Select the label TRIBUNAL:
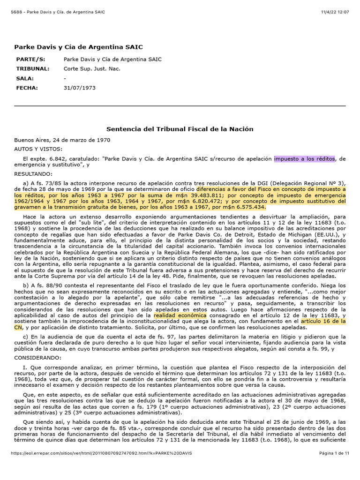33,69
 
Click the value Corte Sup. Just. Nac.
92,69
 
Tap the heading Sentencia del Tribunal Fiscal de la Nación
180,129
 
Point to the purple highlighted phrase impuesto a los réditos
304,159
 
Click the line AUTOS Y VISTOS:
35,148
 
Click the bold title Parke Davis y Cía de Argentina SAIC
78,47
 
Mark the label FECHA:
27,88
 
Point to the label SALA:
25,78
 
